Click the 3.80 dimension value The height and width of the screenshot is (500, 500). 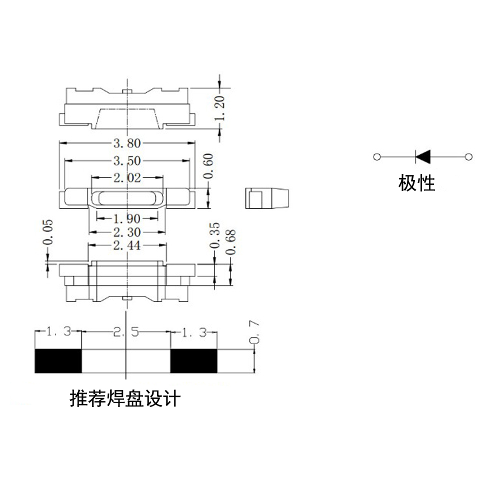tap(127, 143)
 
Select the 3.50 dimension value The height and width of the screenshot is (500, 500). tap(127, 160)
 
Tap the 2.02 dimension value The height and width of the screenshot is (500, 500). tap(127, 177)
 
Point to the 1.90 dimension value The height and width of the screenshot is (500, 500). tap(127, 219)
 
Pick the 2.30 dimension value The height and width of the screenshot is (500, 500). tap(127, 232)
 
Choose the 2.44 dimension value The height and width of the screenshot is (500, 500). tap(127, 245)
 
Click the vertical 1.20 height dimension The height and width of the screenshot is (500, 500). tap(219, 108)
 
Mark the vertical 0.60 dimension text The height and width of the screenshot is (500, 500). tap(208, 166)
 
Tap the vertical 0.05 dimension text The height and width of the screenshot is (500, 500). tap(47, 232)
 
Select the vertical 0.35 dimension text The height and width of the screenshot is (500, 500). tap(214, 235)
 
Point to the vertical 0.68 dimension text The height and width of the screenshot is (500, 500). tap(230, 242)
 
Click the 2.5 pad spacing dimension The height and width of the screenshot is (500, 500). tap(126, 332)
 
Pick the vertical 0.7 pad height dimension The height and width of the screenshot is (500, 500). tap(254, 332)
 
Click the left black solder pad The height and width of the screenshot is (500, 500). tap(58, 361)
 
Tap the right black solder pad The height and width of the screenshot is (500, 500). tap(194, 361)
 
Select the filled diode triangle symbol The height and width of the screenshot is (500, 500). tap(423, 157)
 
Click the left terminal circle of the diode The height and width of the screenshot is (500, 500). tap(377, 157)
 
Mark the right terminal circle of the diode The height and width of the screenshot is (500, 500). tap(469, 157)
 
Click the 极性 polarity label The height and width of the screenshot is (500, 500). tap(416, 183)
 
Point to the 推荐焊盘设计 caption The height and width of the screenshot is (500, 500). tap(125, 398)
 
